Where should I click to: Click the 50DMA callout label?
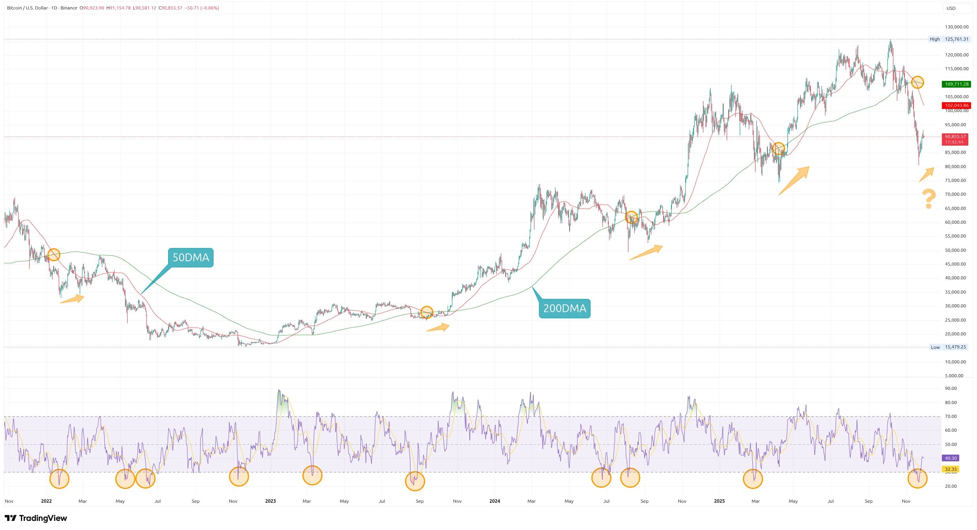click(191, 258)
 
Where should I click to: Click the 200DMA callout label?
click(564, 309)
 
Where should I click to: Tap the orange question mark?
click(928, 199)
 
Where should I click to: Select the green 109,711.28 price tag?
click(956, 84)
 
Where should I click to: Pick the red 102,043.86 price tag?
click(956, 105)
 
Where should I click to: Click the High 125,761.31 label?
click(949, 39)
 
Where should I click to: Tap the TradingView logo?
click(36, 518)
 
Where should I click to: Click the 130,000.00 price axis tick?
click(956, 27)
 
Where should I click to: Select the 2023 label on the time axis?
click(270, 501)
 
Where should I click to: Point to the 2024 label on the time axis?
click(495, 501)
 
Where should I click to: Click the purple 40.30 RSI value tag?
click(951, 458)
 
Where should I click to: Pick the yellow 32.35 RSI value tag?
click(951, 469)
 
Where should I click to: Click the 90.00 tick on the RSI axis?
click(951, 388)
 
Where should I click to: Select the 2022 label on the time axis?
click(46, 501)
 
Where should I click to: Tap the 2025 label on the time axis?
click(719, 501)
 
